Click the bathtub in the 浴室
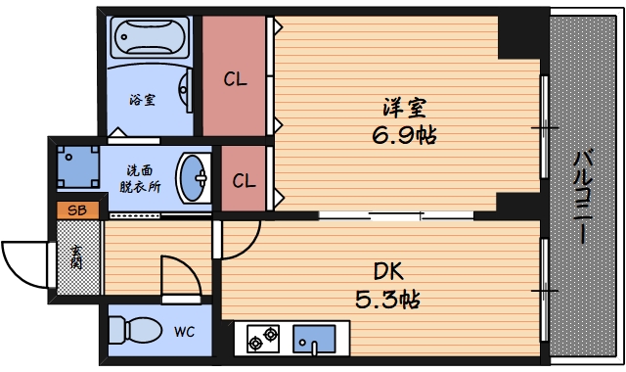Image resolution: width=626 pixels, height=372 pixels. click(153, 40)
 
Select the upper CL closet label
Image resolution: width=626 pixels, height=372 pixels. click(236, 79)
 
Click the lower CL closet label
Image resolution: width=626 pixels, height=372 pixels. click(245, 180)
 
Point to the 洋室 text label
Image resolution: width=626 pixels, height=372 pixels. click(403, 107)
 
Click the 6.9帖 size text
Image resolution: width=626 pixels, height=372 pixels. click(403, 134)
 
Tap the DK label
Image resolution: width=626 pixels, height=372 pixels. click(387, 271)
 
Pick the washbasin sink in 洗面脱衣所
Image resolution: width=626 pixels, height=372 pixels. click(194, 177)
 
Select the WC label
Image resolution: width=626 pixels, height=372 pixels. click(184, 332)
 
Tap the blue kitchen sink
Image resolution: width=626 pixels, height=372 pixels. click(315, 339)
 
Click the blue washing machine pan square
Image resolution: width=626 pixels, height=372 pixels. click(77, 165)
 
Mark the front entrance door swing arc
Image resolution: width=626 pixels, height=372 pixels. click(24, 261)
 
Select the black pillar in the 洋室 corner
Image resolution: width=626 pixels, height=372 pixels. click(518, 35)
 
